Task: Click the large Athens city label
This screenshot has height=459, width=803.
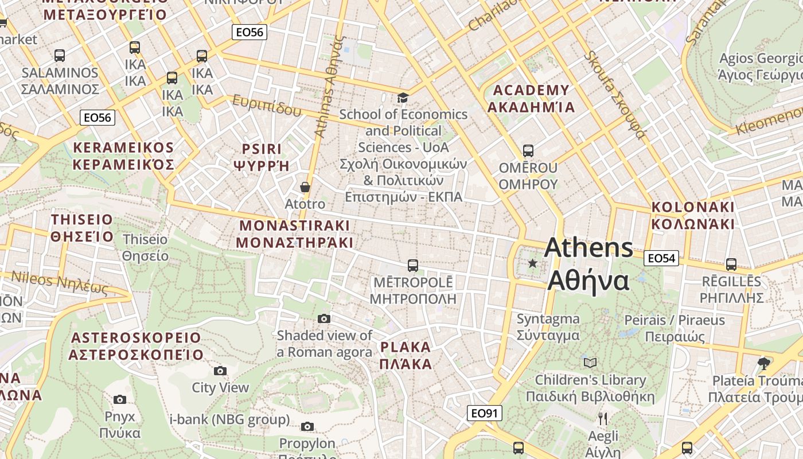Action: click(589, 264)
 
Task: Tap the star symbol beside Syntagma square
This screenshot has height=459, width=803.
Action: click(533, 263)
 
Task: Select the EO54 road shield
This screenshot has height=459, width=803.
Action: click(661, 258)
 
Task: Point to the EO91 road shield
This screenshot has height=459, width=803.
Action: click(485, 413)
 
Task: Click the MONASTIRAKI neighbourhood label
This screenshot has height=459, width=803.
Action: click(295, 234)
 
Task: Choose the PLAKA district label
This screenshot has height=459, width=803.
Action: click(406, 355)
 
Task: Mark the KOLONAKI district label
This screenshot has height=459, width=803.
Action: click(693, 215)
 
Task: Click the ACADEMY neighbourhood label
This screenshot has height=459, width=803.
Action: click(531, 99)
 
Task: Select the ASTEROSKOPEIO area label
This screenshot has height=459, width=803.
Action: click(136, 346)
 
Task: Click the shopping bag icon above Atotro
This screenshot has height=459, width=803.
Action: click(305, 188)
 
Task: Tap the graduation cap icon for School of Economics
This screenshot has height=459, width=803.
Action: click(403, 98)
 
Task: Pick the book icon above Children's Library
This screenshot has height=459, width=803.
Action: click(590, 363)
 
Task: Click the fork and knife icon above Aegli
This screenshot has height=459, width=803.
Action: click(602, 418)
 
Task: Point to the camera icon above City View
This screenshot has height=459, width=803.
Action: click(220, 371)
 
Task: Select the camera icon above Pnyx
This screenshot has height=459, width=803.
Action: click(120, 399)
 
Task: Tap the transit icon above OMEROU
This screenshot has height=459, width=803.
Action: click(528, 151)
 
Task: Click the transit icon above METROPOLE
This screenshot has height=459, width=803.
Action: click(412, 265)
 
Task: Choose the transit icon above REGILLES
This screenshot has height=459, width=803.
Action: click(731, 264)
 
